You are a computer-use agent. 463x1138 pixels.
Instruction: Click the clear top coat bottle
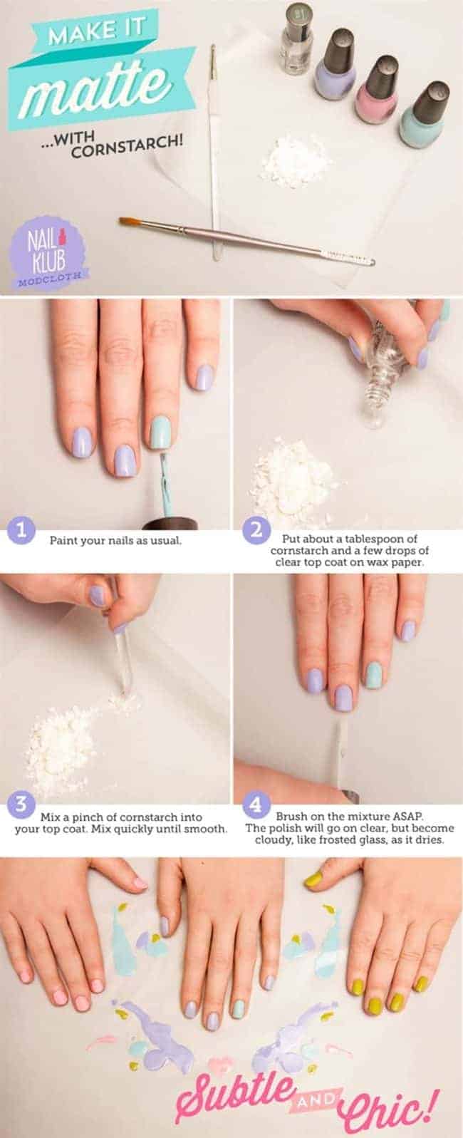click(x=296, y=40)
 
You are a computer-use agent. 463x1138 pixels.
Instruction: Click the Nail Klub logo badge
click(x=46, y=252)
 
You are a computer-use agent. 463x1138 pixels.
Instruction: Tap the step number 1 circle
click(x=21, y=530)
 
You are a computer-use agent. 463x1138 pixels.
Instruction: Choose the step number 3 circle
click(x=21, y=804)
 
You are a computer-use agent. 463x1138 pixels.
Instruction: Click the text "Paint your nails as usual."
click(x=115, y=541)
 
